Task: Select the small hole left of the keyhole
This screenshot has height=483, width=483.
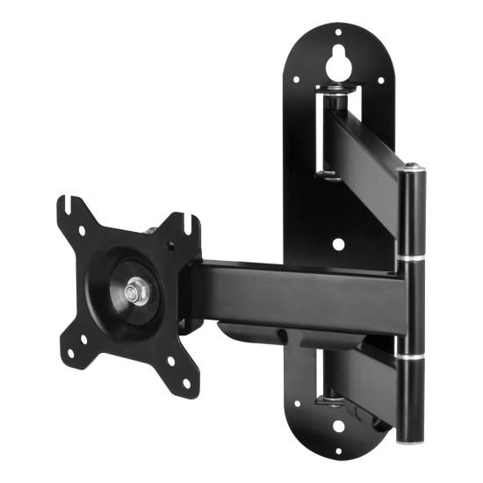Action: click(x=296, y=81)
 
